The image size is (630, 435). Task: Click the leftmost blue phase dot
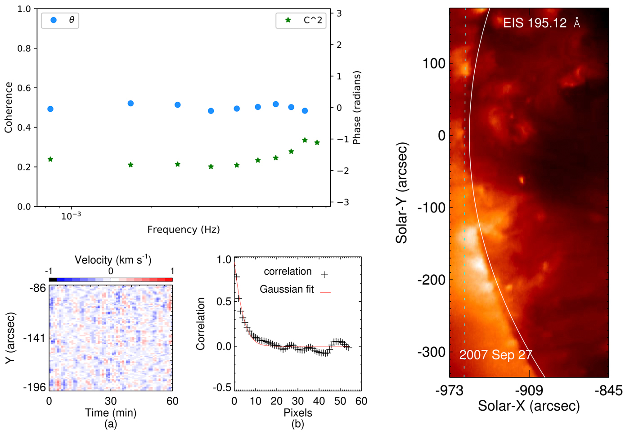pyautogui.click(x=50, y=109)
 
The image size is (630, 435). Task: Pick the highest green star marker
pyautogui.click(x=305, y=140)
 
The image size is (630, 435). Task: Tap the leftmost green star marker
pyautogui.click(x=50, y=159)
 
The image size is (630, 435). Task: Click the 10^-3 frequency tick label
pyautogui.click(x=71, y=216)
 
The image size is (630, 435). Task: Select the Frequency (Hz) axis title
pyautogui.click(x=184, y=230)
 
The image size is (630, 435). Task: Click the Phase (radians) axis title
pyautogui.click(x=357, y=107)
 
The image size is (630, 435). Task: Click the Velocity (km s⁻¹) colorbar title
pyautogui.click(x=113, y=260)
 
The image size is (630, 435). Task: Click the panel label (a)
pyautogui.click(x=110, y=424)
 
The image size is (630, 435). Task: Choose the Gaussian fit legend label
pyautogui.click(x=287, y=290)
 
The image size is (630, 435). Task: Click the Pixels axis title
pyautogui.click(x=297, y=412)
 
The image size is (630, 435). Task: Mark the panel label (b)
pyautogui.click(x=297, y=424)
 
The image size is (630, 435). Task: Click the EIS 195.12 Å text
pyautogui.click(x=541, y=23)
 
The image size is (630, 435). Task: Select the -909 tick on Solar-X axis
pyautogui.click(x=529, y=390)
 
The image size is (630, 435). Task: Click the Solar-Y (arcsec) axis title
pyautogui.click(x=402, y=193)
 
